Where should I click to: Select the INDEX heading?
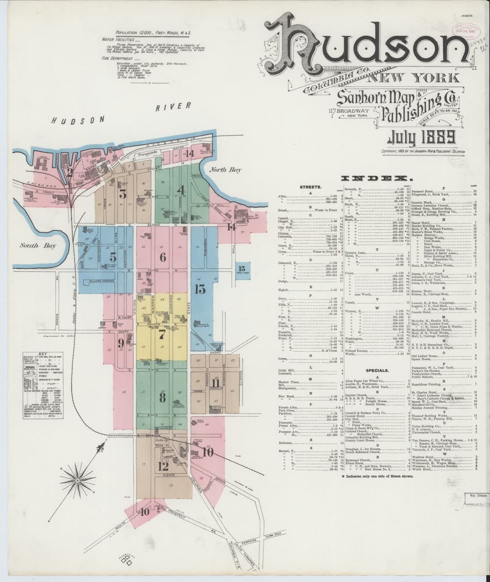click(375, 178)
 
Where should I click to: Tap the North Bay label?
click(226, 170)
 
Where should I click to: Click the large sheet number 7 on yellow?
click(162, 334)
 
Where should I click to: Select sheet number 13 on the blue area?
click(200, 290)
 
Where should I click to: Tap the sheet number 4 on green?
click(181, 190)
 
